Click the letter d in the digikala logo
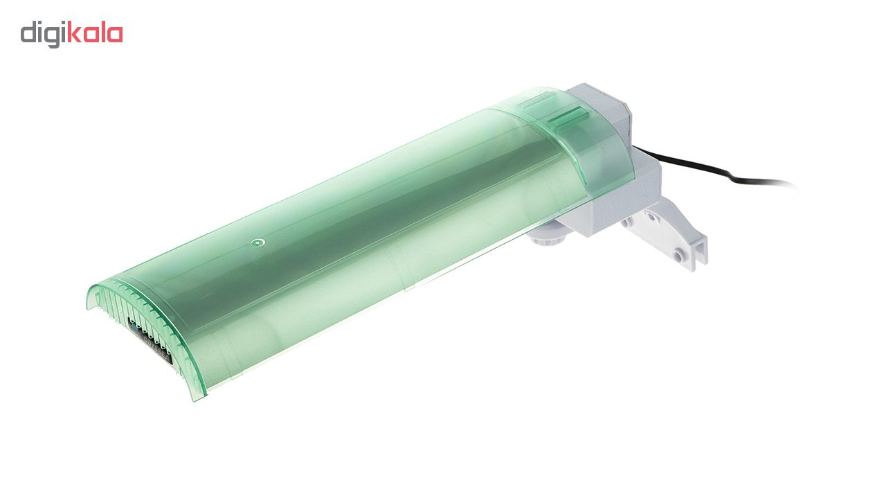[x=28, y=33]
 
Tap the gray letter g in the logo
[x=54, y=37]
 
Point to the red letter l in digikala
[x=102, y=32]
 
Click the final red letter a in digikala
[x=115, y=35]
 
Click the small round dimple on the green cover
[x=257, y=242]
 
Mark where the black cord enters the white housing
[x=633, y=148]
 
